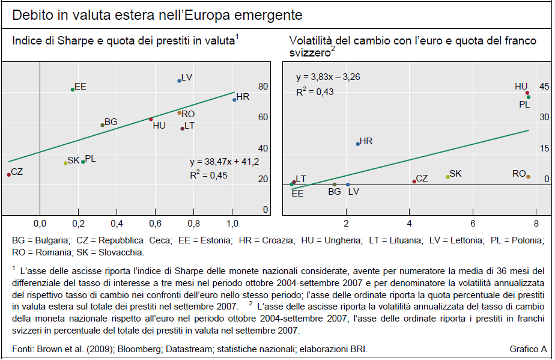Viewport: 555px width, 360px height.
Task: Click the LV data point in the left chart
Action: (180, 81)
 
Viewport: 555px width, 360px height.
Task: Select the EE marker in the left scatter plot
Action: (73, 90)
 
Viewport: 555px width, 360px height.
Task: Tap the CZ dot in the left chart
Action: (8, 174)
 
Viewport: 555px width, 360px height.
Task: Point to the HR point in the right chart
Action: (358, 144)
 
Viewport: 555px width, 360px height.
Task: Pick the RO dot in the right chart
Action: (528, 177)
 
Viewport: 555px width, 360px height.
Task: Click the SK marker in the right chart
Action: (447, 177)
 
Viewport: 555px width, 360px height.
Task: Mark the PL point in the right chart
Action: (529, 97)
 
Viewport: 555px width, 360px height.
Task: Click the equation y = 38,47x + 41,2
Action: (224, 162)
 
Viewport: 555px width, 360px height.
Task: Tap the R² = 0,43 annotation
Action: (315, 92)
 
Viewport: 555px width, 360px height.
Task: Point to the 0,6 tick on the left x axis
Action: (155, 224)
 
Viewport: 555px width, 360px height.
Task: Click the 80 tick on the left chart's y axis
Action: (263, 87)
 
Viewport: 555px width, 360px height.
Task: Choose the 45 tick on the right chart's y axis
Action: (544, 87)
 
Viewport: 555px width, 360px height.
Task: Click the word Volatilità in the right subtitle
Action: (311, 41)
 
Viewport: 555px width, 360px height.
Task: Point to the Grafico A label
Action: (528, 349)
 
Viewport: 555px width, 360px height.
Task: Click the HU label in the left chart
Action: (159, 126)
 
